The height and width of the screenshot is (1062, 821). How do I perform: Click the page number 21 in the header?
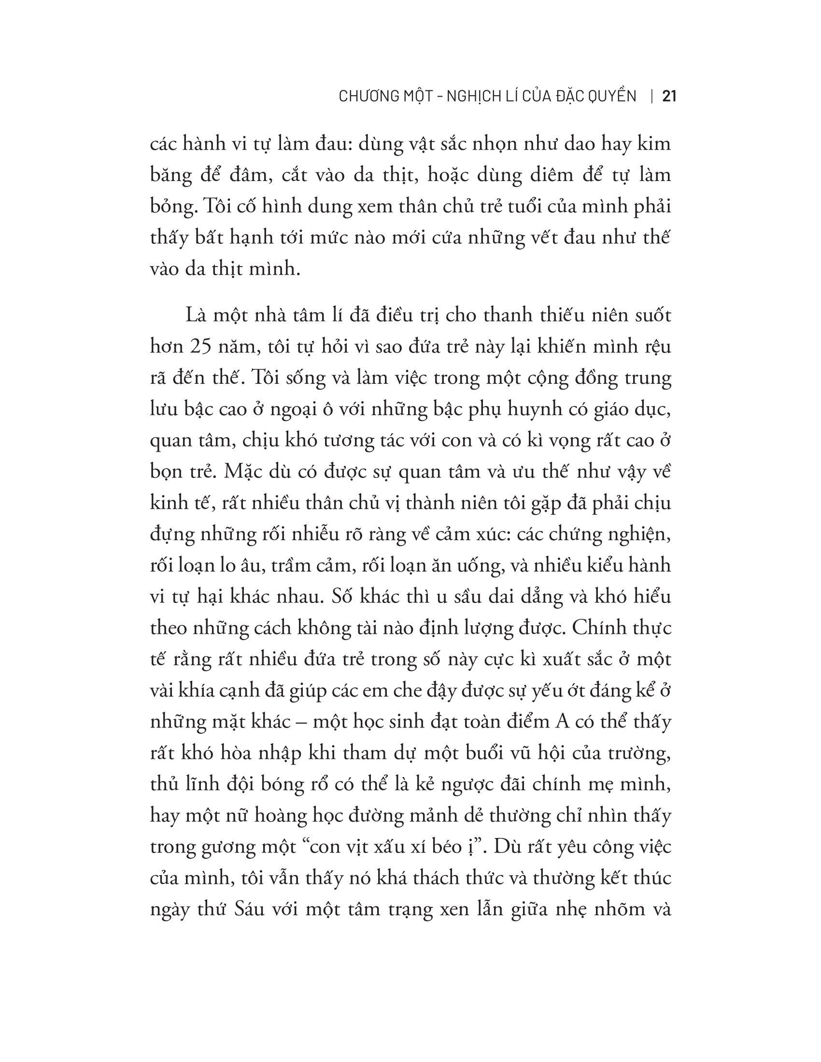[x=669, y=97]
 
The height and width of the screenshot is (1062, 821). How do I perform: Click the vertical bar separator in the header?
[x=651, y=97]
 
